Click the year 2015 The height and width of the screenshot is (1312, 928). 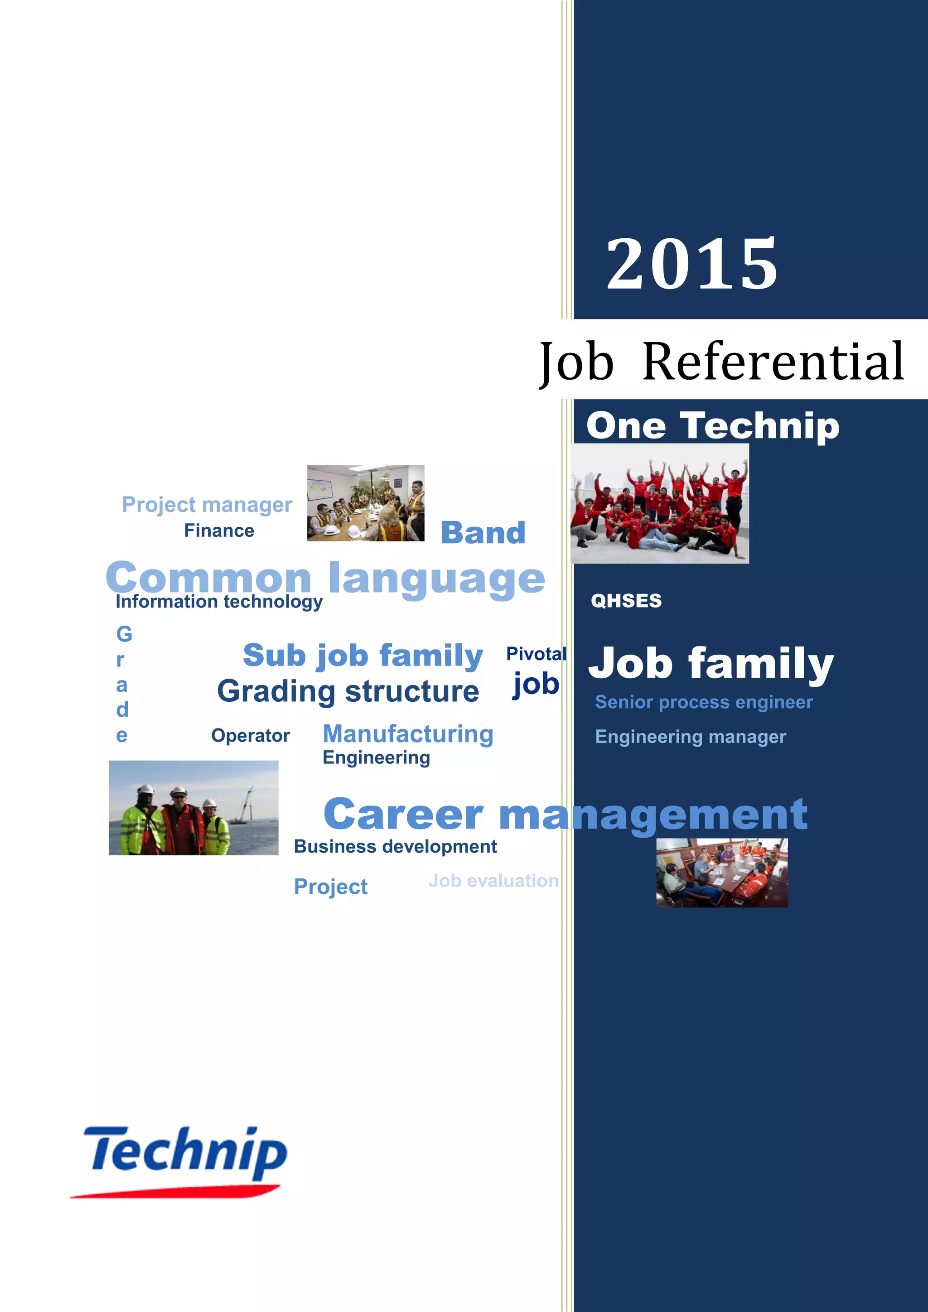click(691, 264)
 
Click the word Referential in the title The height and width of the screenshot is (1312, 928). click(773, 361)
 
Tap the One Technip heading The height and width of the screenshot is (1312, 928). click(713, 426)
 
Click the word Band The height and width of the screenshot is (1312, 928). click(483, 533)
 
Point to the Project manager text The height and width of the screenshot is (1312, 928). click(207, 505)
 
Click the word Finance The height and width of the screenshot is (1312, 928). click(219, 531)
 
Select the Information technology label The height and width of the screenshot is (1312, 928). click(219, 602)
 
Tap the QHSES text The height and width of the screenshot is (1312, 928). click(626, 601)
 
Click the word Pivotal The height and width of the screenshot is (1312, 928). click(536, 654)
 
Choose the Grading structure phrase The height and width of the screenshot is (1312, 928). click(348, 691)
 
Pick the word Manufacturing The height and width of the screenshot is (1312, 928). click(408, 734)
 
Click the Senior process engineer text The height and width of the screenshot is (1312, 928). click(703, 702)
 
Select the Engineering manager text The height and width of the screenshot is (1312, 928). click(690, 737)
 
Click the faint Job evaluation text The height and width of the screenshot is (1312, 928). click(493, 881)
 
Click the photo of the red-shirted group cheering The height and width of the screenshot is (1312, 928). click(659, 504)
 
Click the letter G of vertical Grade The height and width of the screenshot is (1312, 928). click(124, 634)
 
